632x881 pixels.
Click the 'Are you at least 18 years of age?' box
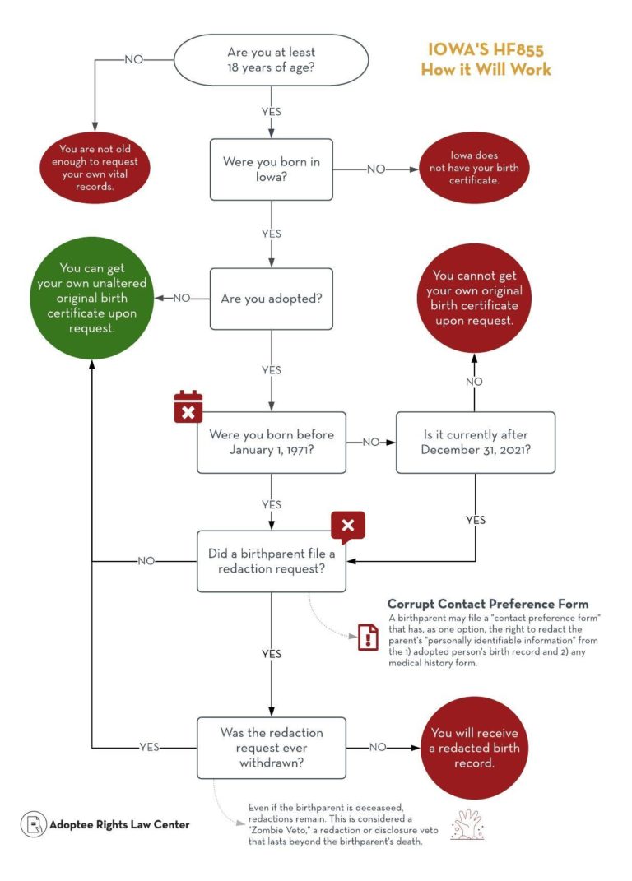point(271,59)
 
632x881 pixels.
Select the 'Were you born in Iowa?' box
point(271,169)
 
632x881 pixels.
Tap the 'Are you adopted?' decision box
point(271,298)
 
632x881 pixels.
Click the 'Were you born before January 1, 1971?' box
point(271,442)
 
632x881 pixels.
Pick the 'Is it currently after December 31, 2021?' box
point(475,442)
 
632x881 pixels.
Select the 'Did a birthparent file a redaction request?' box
point(271,561)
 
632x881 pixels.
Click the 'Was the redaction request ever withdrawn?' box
point(271,748)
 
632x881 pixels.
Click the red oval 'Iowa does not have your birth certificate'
point(473,168)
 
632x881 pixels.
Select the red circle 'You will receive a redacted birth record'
point(473,748)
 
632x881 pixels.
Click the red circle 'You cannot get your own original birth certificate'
point(473,298)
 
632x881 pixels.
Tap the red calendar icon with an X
point(188,406)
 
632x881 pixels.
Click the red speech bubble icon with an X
point(347,526)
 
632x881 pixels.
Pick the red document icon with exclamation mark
point(368,637)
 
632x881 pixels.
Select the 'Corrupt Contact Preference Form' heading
point(487,604)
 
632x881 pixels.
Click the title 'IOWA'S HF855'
point(486,50)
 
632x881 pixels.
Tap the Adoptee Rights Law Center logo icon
point(32,823)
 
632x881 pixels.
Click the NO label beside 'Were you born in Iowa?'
point(375,169)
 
